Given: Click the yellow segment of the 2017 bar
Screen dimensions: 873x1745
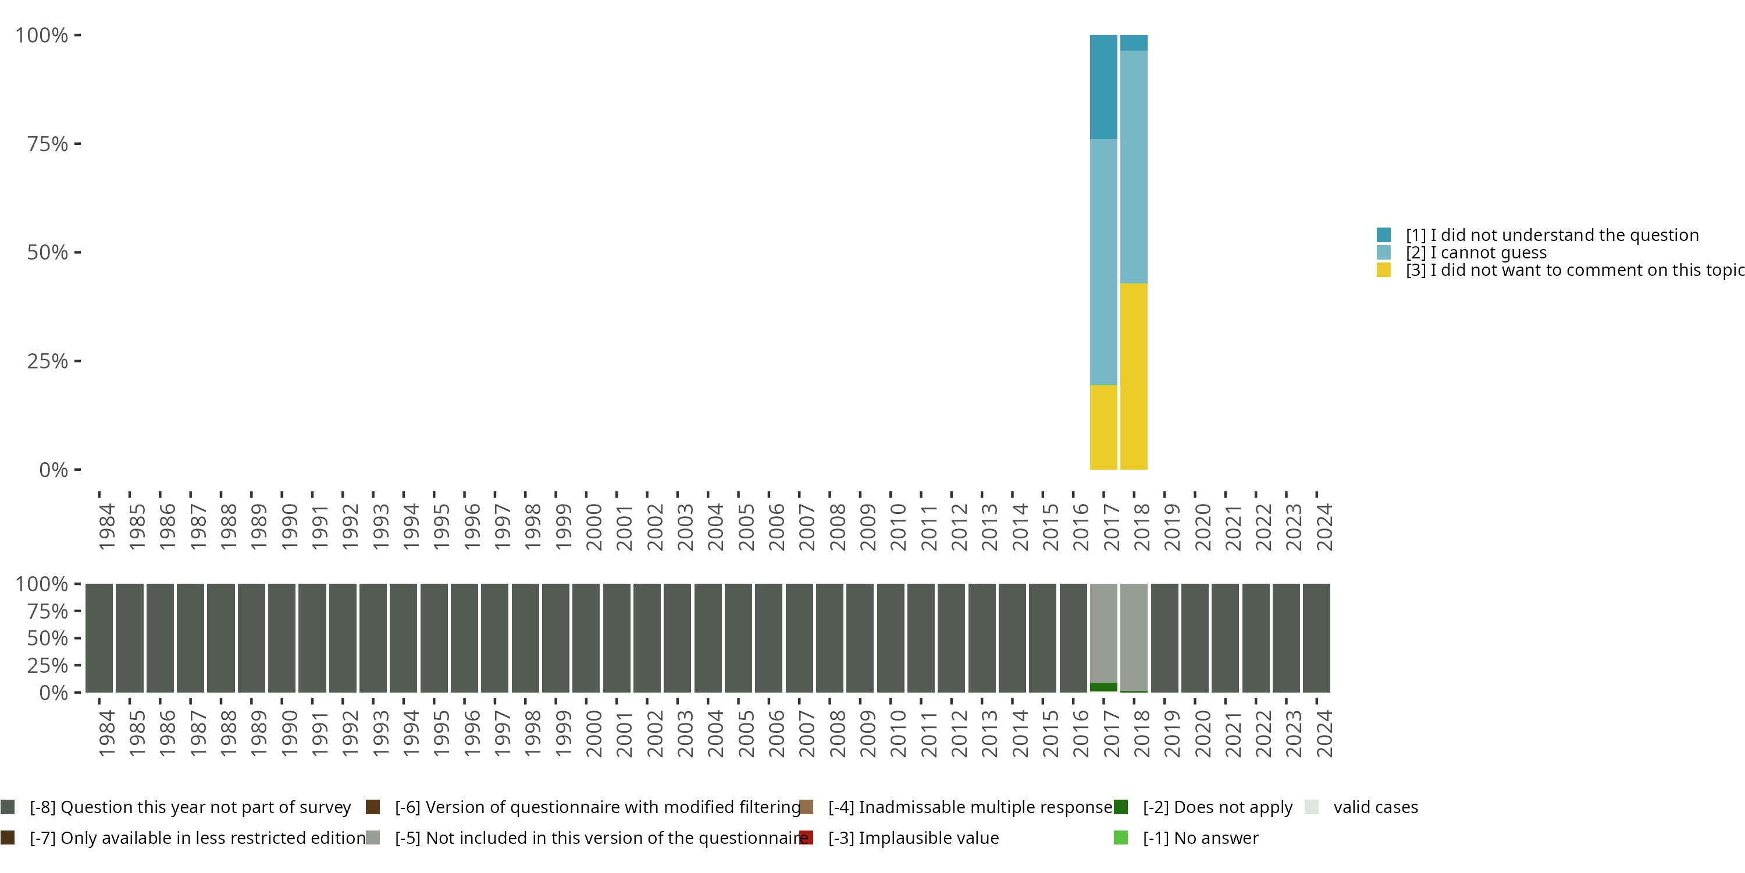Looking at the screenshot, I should (x=1103, y=427).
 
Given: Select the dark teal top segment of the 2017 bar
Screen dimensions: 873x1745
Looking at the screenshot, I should (x=1103, y=87).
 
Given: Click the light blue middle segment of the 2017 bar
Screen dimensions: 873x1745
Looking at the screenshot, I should (x=1103, y=262).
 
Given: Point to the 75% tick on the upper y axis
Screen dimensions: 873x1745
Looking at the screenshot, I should (x=77, y=144).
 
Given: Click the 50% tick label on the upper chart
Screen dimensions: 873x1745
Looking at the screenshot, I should (x=48, y=253).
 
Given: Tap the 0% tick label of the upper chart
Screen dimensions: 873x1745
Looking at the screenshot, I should (x=54, y=470).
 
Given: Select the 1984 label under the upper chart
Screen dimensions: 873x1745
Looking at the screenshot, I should (x=106, y=527).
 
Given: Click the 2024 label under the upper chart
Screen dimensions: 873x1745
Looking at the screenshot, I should (x=1324, y=527).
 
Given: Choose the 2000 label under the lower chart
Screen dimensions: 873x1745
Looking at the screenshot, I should (x=593, y=733).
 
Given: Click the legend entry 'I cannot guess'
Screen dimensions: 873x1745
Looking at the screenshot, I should (x=1476, y=253).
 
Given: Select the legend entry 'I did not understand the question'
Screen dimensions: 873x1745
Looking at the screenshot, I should (x=1552, y=235).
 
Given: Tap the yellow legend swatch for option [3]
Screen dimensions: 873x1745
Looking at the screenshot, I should (x=1384, y=271).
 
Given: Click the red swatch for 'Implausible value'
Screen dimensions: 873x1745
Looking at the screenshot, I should (x=806, y=837).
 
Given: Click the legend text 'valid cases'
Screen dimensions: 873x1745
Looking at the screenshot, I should (x=1375, y=807).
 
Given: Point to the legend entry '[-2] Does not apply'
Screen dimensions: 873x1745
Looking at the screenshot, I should (x=1217, y=807).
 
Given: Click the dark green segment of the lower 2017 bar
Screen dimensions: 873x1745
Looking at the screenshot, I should (x=1103, y=687).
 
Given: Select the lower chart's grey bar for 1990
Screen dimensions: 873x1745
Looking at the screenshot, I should (x=282, y=638).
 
